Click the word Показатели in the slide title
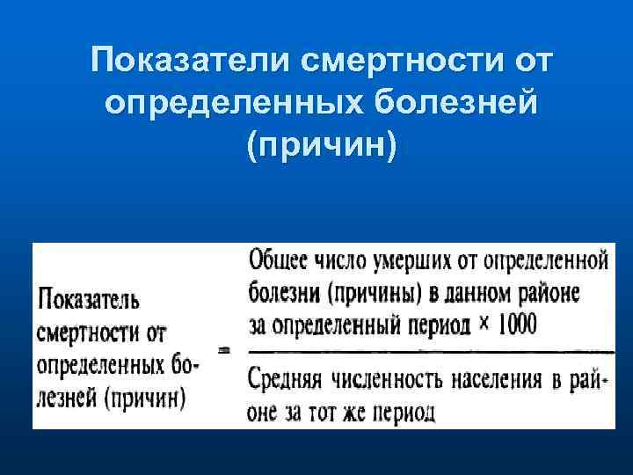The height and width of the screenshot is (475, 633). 191,62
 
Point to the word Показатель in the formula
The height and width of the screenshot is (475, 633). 89,301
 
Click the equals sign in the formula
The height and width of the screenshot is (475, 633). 225,349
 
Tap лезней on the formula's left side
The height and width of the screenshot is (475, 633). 69,398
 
